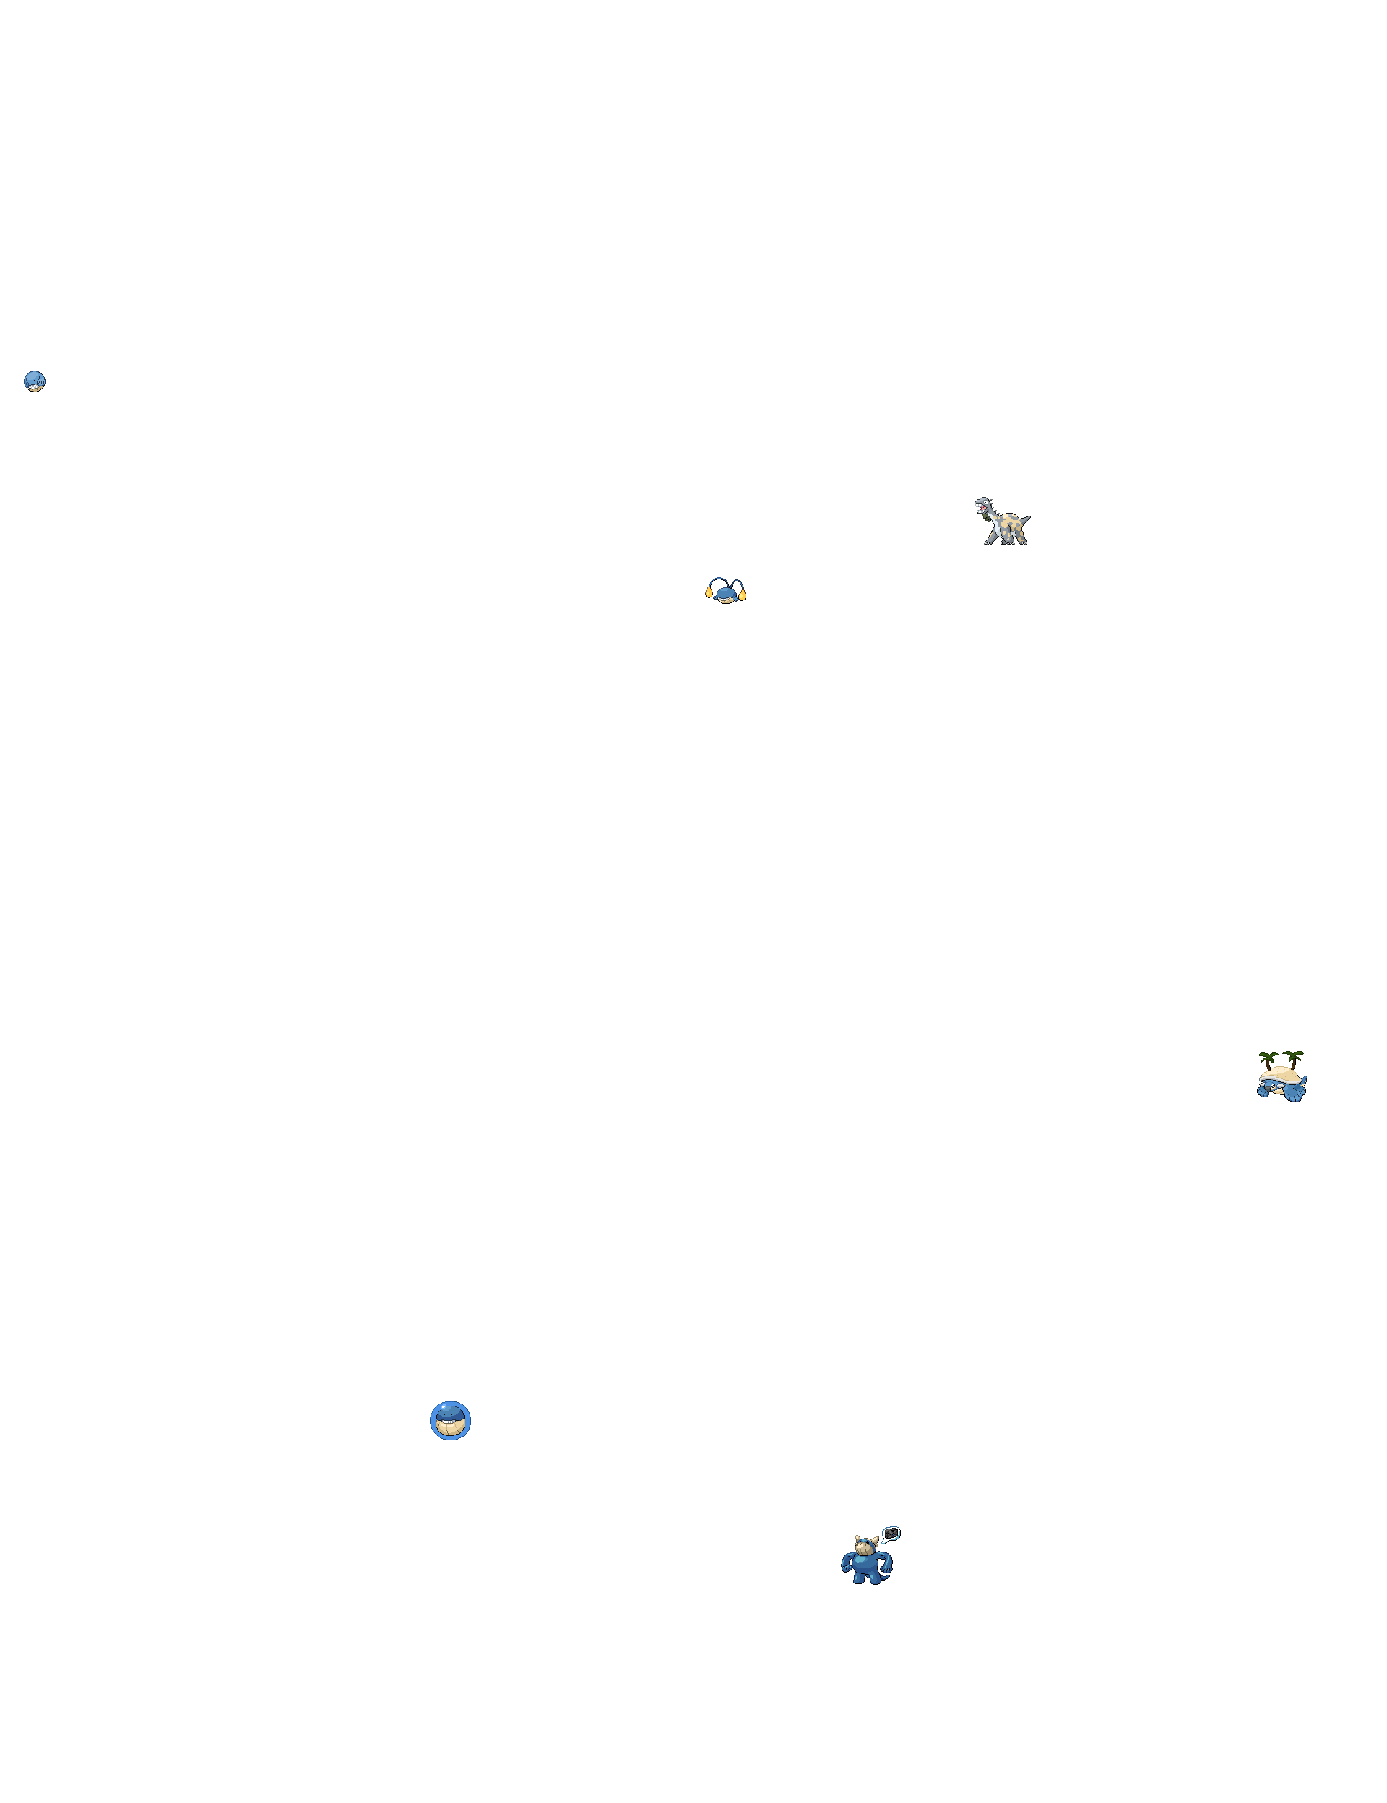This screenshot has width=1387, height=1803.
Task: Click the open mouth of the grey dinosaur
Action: [x=983, y=509]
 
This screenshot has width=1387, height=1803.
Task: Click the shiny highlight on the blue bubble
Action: [x=443, y=1407]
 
